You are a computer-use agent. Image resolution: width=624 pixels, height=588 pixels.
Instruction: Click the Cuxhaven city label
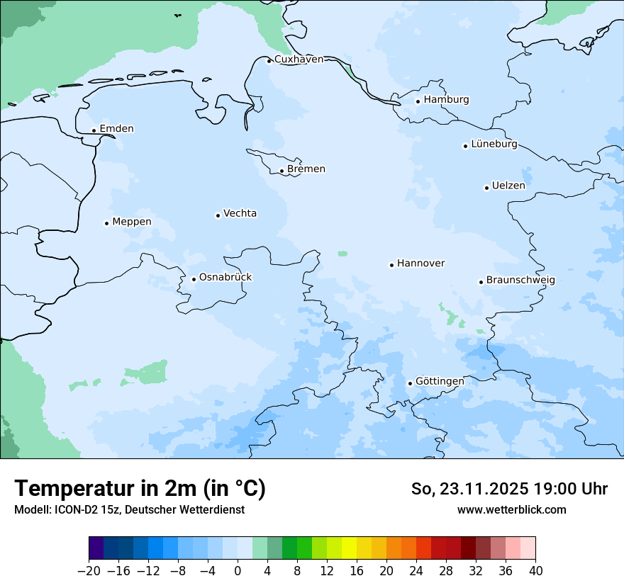[299, 60]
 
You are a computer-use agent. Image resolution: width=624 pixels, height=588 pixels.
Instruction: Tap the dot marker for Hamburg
[418, 101]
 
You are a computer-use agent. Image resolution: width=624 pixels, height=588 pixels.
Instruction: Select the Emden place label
[116, 129]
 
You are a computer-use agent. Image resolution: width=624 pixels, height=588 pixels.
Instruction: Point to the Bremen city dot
[282, 171]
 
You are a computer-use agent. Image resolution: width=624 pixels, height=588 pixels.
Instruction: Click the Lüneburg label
[494, 145]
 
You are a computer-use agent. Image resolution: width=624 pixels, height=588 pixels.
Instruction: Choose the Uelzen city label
[508, 186]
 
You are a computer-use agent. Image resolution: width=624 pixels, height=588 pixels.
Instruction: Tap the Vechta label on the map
[240, 214]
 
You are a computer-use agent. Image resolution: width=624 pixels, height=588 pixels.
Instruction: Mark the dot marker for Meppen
[106, 223]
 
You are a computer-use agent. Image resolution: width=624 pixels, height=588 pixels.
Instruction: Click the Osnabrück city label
[225, 278]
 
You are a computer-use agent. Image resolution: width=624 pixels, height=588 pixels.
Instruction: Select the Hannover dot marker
[391, 265]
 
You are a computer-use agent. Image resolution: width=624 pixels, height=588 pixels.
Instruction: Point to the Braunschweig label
[520, 281]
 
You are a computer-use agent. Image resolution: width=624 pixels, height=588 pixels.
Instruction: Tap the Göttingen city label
[440, 382]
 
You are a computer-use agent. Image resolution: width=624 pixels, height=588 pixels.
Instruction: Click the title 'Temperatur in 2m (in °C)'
[140, 489]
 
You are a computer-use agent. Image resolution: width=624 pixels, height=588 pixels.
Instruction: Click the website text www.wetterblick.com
[511, 510]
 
